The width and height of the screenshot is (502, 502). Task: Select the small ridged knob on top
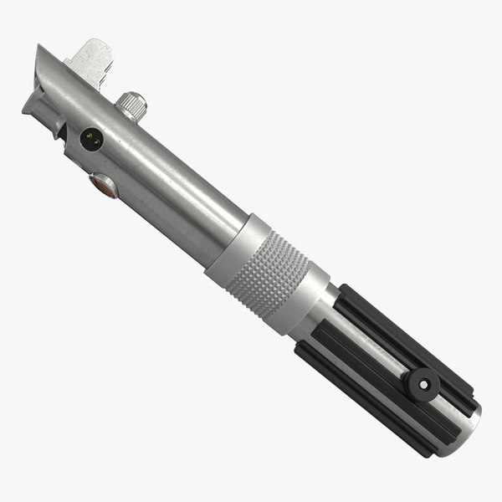point(131,105)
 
